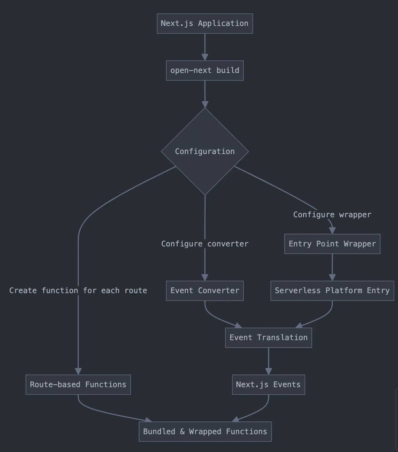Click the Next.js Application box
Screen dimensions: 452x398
pyautogui.click(x=205, y=23)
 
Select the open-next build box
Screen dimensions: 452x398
pyautogui.click(x=205, y=70)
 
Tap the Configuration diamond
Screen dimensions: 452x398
pyautogui.click(x=205, y=151)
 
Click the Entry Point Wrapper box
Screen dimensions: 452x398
pyautogui.click(x=332, y=244)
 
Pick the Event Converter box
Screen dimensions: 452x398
pyautogui.click(x=205, y=291)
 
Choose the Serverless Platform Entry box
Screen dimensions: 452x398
pyautogui.click(x=332, y=291)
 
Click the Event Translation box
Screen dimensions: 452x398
pyautogui.click(x=268, y=338)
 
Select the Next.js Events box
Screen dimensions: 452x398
pyautogui.click(x=268, y=385)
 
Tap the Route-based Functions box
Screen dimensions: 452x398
pyautogui.click(x=78, y=385)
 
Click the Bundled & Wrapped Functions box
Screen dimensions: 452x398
pyautogui.click(x=205, y=432)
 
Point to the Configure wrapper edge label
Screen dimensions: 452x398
pyautogui.click(x=332, y=215)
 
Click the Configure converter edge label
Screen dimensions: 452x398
pyautogui.click(x=205, y=244)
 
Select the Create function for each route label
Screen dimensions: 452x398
pyautogui.click(x=78, y=291)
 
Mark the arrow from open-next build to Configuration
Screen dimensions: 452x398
pyautogui.click(x=205, y=94)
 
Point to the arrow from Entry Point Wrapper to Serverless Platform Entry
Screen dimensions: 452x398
pyautogui.click(x=332, y=267)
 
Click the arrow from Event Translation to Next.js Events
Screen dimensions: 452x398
pyautogui.click(x=269, y=361)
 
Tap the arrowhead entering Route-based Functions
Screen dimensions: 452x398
pyautogui.click(x=78, y=371)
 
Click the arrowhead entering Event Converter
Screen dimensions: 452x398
pyautogui.click(x=205, y=277)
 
